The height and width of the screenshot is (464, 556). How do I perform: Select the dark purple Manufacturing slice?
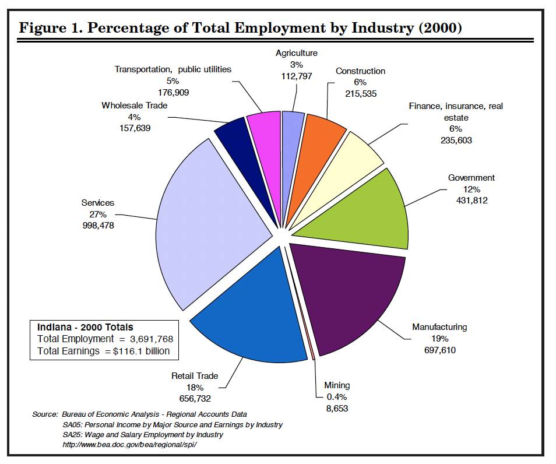(350, 297)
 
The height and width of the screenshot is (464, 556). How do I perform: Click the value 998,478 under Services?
(98, 225)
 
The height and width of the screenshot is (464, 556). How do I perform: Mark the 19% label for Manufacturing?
(439, 339)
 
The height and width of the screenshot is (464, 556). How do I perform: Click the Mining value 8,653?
(337, 409)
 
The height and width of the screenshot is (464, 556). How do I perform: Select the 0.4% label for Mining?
(337, 397)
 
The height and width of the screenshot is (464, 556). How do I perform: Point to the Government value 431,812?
(471, 201)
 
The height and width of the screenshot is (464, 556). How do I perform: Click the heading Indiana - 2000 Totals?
(85, 327)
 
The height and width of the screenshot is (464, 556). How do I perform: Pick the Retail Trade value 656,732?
(195, 399)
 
